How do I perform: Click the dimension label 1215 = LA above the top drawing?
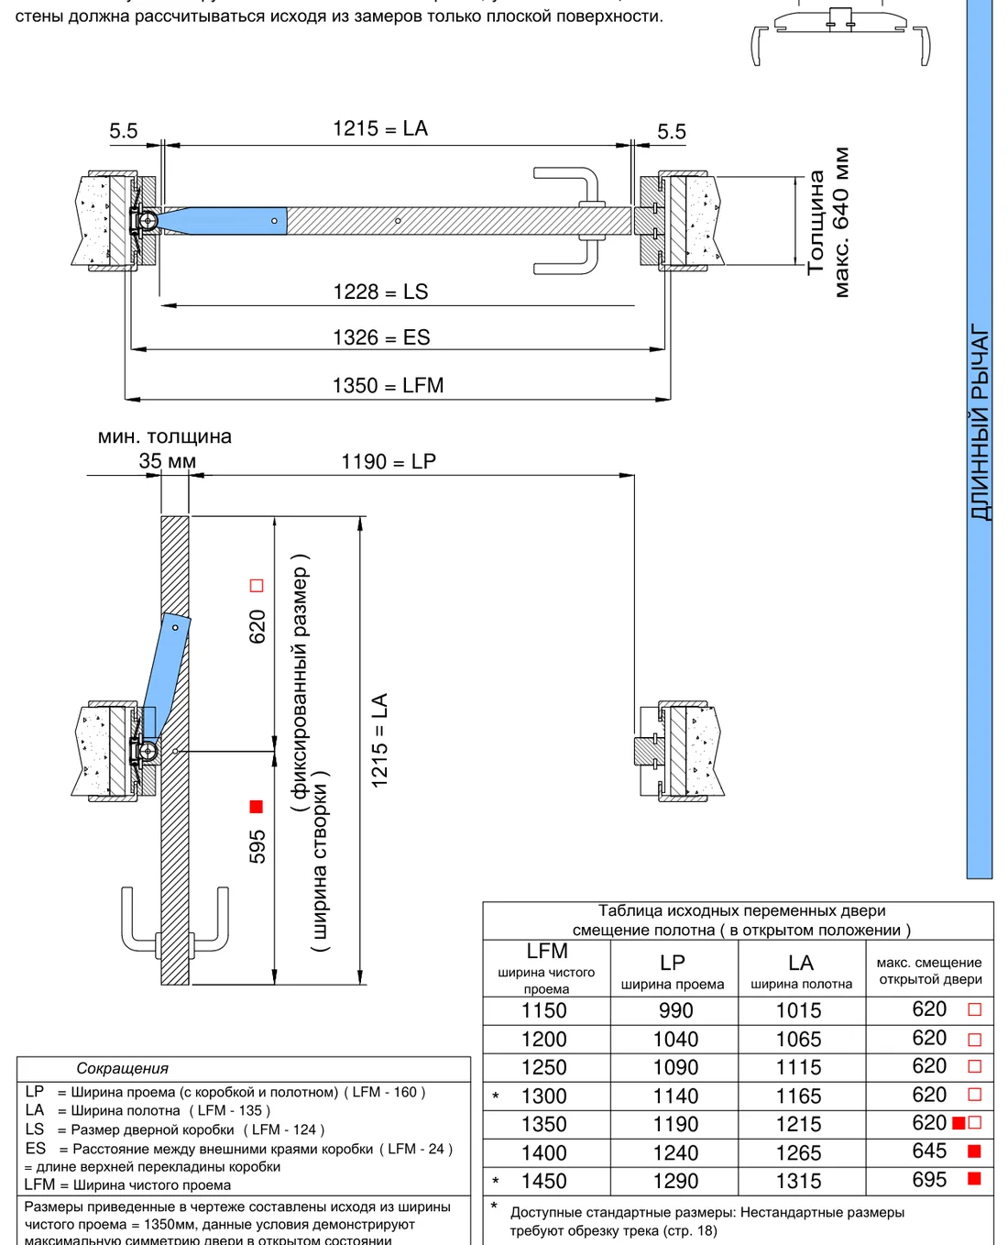(x=380, y=128)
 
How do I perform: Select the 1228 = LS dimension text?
(x=380, y=292)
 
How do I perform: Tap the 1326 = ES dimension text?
(x=381, y=337)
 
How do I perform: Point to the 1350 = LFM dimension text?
(x=388, y=386)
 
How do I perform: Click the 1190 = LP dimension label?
(x=389, y=462)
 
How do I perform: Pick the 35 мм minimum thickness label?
(x=167, y=461)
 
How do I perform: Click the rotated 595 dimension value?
(x=257, y=846)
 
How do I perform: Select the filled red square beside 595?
(x=256, y=807)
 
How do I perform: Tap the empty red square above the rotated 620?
(x=257, y=585)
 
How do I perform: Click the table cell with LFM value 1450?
(x=543, y=1182)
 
